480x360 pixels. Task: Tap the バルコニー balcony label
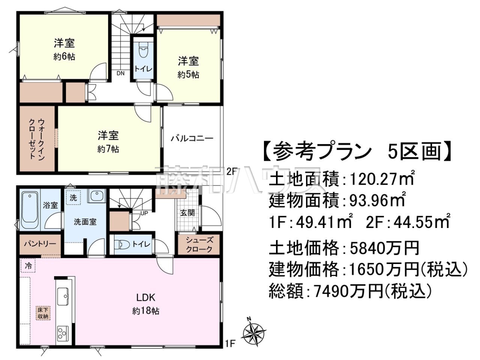pyautogui.click(x=192, y=138)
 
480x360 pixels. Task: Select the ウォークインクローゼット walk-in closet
pyautogui.click(x=37, y=139)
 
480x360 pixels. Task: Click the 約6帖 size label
pyautogui.click(x=64, y=57)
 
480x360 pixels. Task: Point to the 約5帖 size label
pyautogui.click(x=188, y=75)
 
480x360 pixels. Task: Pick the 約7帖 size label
pyautogui.click(x=108, y=150)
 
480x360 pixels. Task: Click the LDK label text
pyautogui.click(x=146, y=297)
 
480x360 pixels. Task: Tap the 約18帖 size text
pyautogui.click(x=146, y=311)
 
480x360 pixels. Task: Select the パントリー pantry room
pyautogui.click(x=40, y=244)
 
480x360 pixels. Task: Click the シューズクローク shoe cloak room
pyautogui.click(x=199, y=244)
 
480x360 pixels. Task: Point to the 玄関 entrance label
pyautogui.click(x=188, y=213)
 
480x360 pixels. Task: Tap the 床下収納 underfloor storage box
pyautogui.click(x=44, y=313)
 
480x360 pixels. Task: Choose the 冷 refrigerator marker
pyautogui.click(x=28, y=266)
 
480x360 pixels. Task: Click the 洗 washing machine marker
pyautogui.click(x=73, y=198)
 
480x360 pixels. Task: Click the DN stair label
pyautogui.click(x=120, y=74)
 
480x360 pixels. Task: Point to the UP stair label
pyautogui.click(x=144, y=213)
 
